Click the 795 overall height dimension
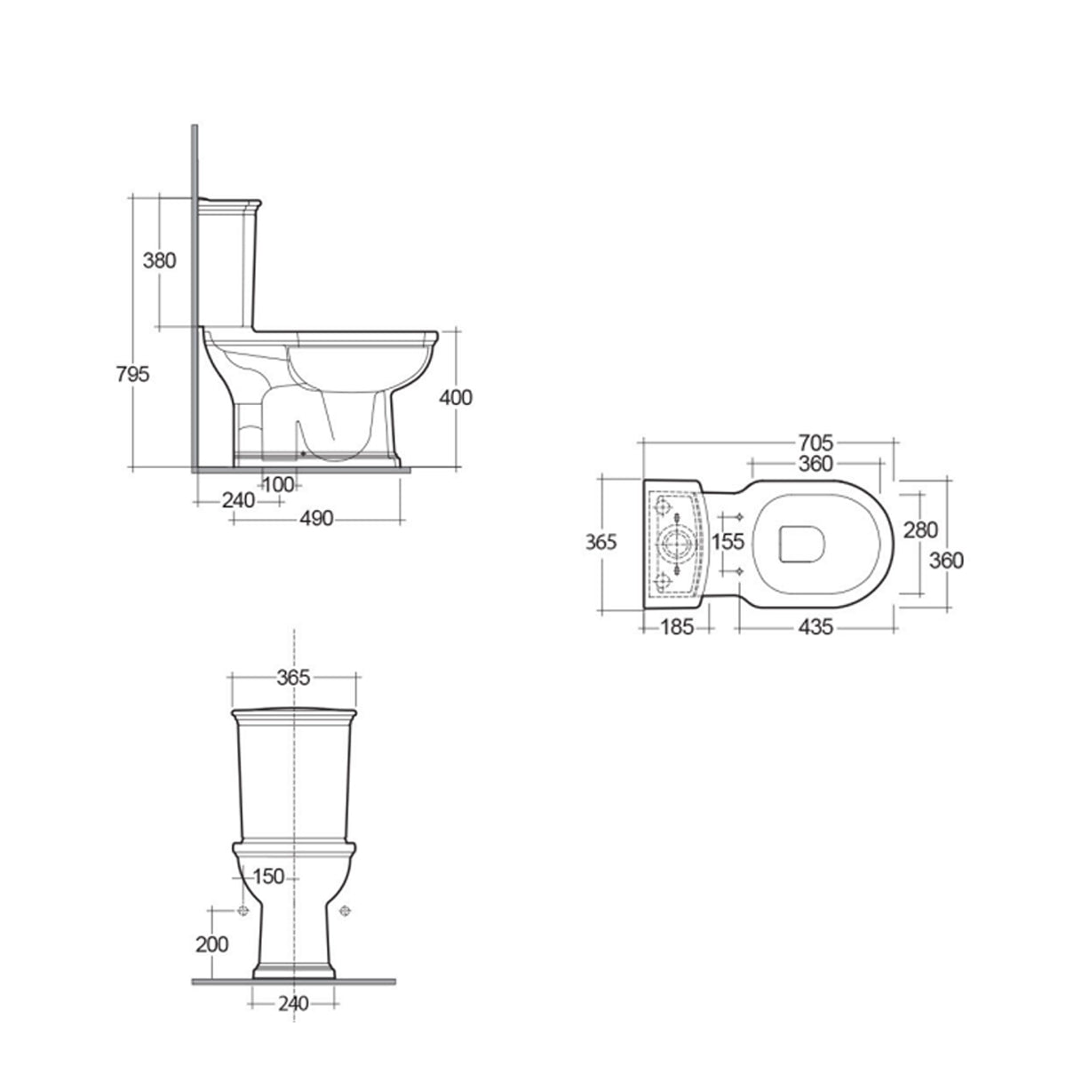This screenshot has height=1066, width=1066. [132, 373]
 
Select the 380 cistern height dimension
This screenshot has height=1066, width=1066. [161, 260]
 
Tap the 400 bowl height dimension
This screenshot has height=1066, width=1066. [456, 397]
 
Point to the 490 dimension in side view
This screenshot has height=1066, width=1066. [315, 519]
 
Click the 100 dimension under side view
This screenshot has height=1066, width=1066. [278, 484]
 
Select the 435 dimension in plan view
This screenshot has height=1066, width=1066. [815, 627]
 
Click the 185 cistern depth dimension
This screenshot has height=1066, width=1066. [676, 627]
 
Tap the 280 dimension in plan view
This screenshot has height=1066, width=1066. [920, 530]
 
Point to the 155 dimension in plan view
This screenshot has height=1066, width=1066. [728, 541]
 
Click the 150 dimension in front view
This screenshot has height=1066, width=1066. [267, 877]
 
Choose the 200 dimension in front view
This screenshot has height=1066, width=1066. [211, 944]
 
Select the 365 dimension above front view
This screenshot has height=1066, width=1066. [294, 678]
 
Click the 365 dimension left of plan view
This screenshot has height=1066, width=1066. [601, 541]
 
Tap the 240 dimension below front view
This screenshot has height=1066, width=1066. [293, 1004]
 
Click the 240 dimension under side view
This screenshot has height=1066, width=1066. [238, 500]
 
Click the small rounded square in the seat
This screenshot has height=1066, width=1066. [802, 544]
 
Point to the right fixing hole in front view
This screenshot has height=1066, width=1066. [346, 910]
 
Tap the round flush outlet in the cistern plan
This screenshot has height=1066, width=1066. [677, 543]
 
